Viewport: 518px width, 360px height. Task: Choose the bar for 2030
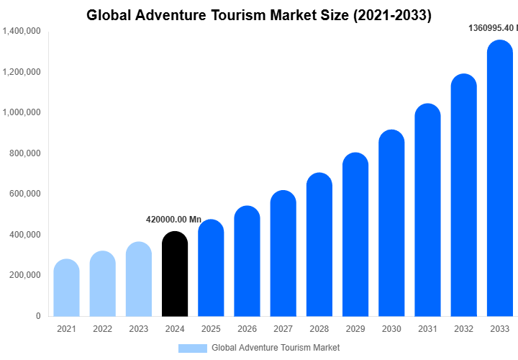391,223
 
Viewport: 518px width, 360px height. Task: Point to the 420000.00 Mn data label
173,220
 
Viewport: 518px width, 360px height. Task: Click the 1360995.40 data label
493,28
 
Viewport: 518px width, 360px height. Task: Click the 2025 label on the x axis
211,329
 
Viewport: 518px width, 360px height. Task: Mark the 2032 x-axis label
463,329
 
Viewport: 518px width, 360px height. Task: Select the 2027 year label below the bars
283,329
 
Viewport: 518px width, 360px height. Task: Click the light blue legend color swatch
192,348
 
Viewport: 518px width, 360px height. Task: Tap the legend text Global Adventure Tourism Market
276,348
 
